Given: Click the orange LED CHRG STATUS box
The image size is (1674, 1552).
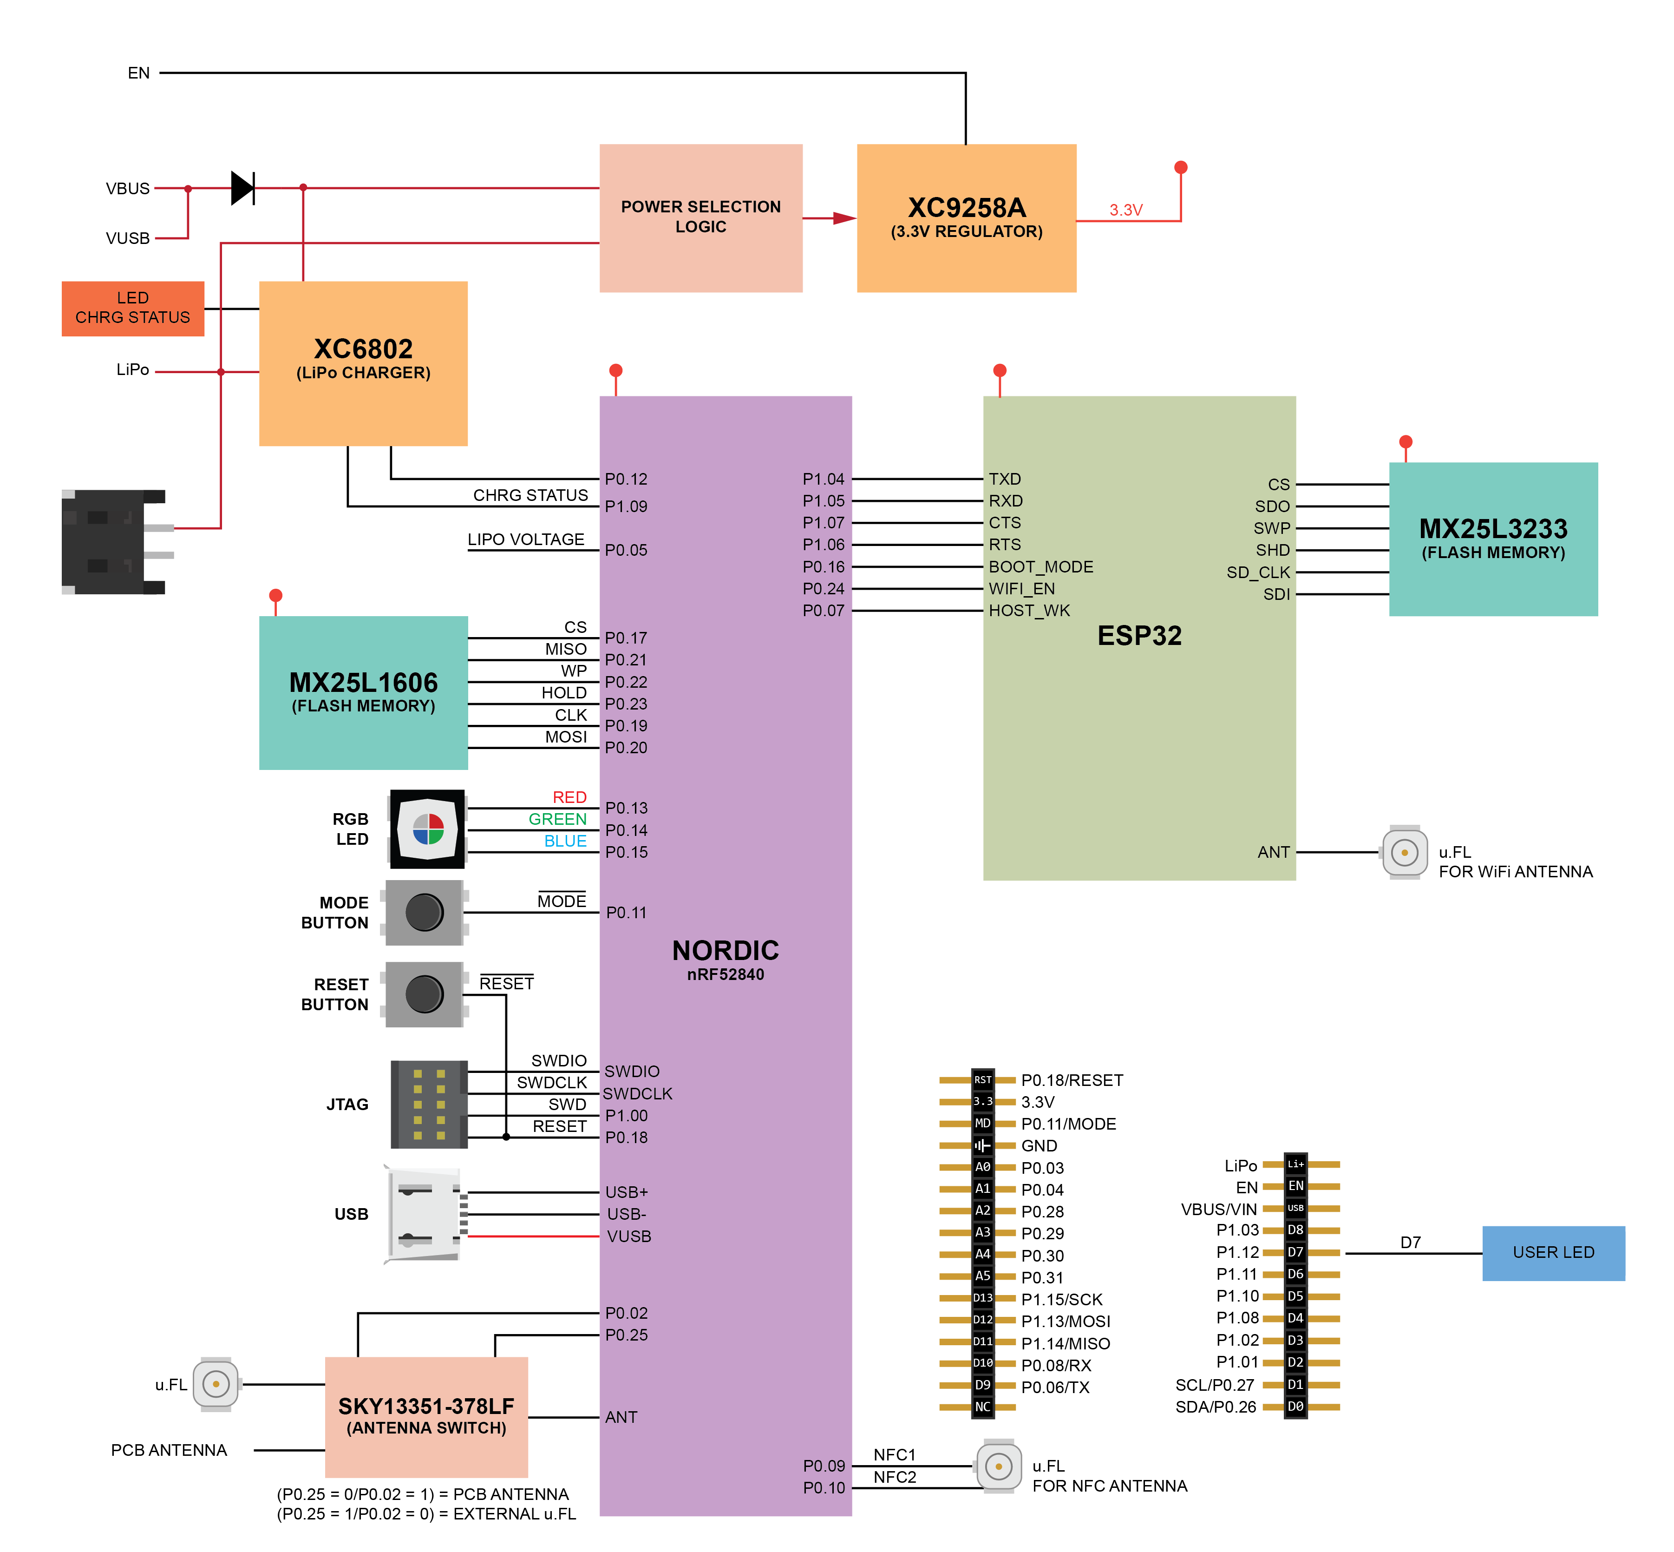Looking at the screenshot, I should [x=133, y=308].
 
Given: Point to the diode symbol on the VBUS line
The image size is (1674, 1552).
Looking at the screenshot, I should [x=242, y=188].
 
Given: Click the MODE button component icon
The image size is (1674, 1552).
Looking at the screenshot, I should [x=424, y=912].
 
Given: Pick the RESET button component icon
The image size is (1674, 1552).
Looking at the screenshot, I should [x=424, y=993].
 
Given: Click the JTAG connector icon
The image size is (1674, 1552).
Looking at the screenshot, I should [x=428, y=1104].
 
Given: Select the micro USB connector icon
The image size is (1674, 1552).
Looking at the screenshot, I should [x=422, y=1214].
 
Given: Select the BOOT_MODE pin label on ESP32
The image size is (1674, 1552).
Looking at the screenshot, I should [x=1040, y=567].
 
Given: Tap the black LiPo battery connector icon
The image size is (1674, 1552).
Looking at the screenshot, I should [x=113, y=542].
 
